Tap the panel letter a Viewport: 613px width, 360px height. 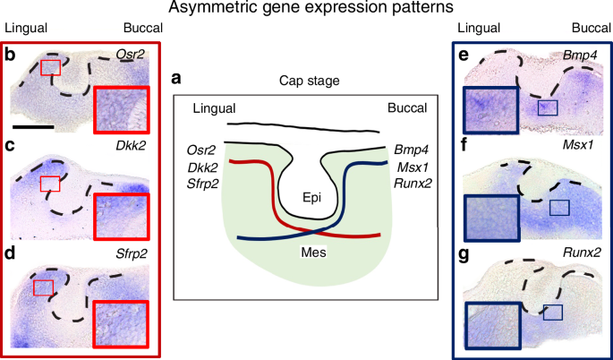coord(177,79)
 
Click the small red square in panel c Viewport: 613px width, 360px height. coord(51,184)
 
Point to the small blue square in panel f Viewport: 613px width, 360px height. coord(558,208)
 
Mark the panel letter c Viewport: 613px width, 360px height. coord(11,145)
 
